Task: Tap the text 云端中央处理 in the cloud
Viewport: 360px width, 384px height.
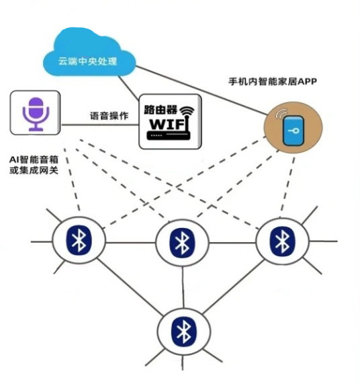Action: [x=88, y=63]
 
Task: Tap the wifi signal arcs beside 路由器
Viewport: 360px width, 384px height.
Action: [x=187, y=110]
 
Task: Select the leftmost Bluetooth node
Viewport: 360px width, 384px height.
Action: [x=79, y=239]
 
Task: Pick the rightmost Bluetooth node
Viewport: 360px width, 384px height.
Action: [x=280, y=239]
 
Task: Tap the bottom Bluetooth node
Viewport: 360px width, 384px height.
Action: [x=182, y=331]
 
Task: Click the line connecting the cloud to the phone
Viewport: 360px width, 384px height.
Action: [x=201, y=88]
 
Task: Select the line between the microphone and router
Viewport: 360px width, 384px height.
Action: [x=101, y=124]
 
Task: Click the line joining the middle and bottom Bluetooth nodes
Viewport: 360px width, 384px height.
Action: [x=181, y=286]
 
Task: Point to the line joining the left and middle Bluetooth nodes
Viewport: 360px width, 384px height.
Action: [x=130, y=241]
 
